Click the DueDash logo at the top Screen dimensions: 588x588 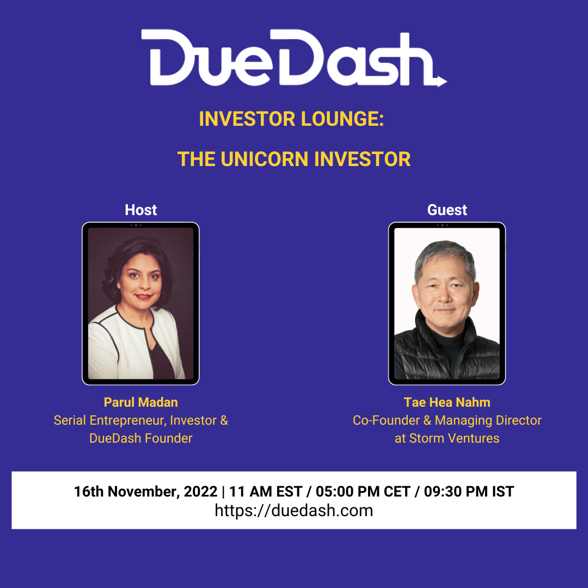click(293, 58)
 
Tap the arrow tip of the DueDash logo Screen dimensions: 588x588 click(446, 81)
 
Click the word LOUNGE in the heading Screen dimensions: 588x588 click(342, 119)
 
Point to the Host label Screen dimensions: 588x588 click(140, 210)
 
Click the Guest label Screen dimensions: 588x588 click(447, 210)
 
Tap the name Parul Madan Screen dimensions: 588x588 click(140, 402)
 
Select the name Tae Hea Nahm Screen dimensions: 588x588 click(447, 402)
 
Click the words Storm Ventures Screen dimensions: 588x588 click(454, 438)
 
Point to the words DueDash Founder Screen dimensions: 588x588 click(140, 438)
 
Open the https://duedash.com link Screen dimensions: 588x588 click(293, 511)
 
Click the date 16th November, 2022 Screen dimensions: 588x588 click(145, 492)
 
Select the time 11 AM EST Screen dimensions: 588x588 click(266, 492)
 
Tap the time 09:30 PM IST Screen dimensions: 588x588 click(469, 492)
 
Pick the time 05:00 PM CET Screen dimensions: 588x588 click(363, 492)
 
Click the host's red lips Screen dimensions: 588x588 click(143, 297)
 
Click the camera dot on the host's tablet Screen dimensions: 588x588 click(136, 225)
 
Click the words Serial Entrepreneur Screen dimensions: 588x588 click(109, 420)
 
